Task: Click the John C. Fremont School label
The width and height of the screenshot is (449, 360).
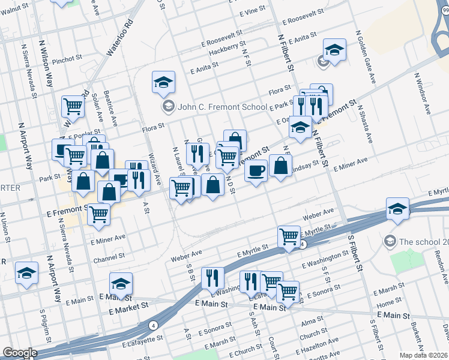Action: point(222,107)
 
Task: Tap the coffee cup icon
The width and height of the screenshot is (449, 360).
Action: point(256,170)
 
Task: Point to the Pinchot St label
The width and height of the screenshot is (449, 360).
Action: point(67,59)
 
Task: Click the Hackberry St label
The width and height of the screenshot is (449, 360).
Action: point(228,47)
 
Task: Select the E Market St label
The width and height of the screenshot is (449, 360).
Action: point(129,306)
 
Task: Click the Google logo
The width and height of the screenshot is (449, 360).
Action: point(19,353)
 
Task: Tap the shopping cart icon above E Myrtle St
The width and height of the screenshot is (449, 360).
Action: point(289,236)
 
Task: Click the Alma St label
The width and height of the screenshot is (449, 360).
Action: point(312,322)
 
